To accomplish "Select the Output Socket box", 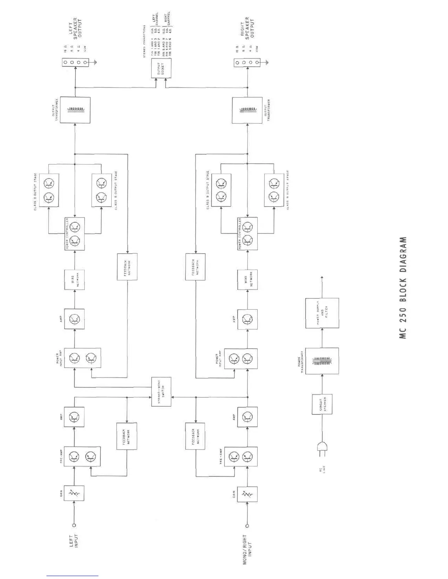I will pyautogui.click(x=161, y=68).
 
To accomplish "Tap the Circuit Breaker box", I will pyautogui.click(x=322, y=404).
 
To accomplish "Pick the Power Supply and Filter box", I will pyautogui.click(x=322, y=313).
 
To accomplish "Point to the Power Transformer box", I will pyautogui.click(x=322, y=361).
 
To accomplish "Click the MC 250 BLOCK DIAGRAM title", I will pyautogui.click(x=403, y=288).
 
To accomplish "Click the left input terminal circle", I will pyautogui.click(x=74, y=525).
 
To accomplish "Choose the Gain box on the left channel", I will pyautogui.click(x=74, y=495).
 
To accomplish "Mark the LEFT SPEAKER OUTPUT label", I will pyautogui.click(x=75, y=29).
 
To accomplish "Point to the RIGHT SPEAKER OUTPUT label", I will pyautogui.click(x=247, y=28).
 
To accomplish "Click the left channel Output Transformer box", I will pyautogui.click(x=75, y=110).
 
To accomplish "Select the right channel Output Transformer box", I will pyautogui.click(x=247, y=110).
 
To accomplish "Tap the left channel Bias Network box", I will pyautogui.click(x=74, y=280).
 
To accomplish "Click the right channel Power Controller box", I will pyautogui.click(x=247, y=234).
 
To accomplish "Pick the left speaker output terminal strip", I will pyautogui.click(x=75, y=63).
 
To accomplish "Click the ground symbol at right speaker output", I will pyautogui.click(x=267, y=63).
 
